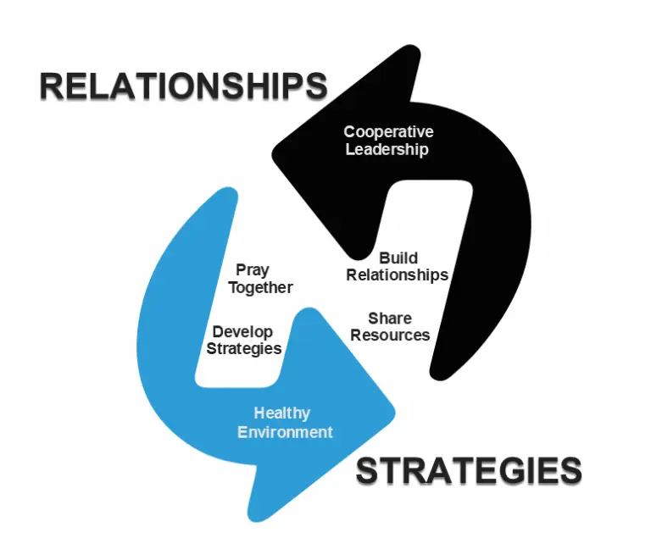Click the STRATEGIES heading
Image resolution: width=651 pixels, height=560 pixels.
[x=468, y=471]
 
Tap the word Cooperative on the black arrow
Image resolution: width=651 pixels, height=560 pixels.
[x=388, y=132]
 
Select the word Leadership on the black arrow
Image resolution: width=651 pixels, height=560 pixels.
[x=387, y=150]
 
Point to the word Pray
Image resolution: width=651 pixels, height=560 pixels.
[x=253, y=270]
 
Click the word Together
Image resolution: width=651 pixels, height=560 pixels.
[x=260, y=287]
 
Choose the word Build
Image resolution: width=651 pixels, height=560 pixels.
[x=398, y=258]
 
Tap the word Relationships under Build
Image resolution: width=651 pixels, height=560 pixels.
[x=397, y=274]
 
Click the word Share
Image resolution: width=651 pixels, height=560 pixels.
[x=390, y=319]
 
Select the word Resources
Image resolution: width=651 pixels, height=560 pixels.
[x=390, y=335]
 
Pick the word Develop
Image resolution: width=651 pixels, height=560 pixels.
[x=242, y=331]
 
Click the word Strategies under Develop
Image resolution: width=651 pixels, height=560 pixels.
[x=245, y=348]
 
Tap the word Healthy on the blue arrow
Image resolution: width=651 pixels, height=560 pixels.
[x=282, y=414]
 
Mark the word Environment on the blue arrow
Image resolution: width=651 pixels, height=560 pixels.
[x=285, y=432]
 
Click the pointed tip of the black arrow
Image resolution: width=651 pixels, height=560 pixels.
[x=274, y=152]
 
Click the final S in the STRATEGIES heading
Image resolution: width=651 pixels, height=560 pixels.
[x=569, y=471]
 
